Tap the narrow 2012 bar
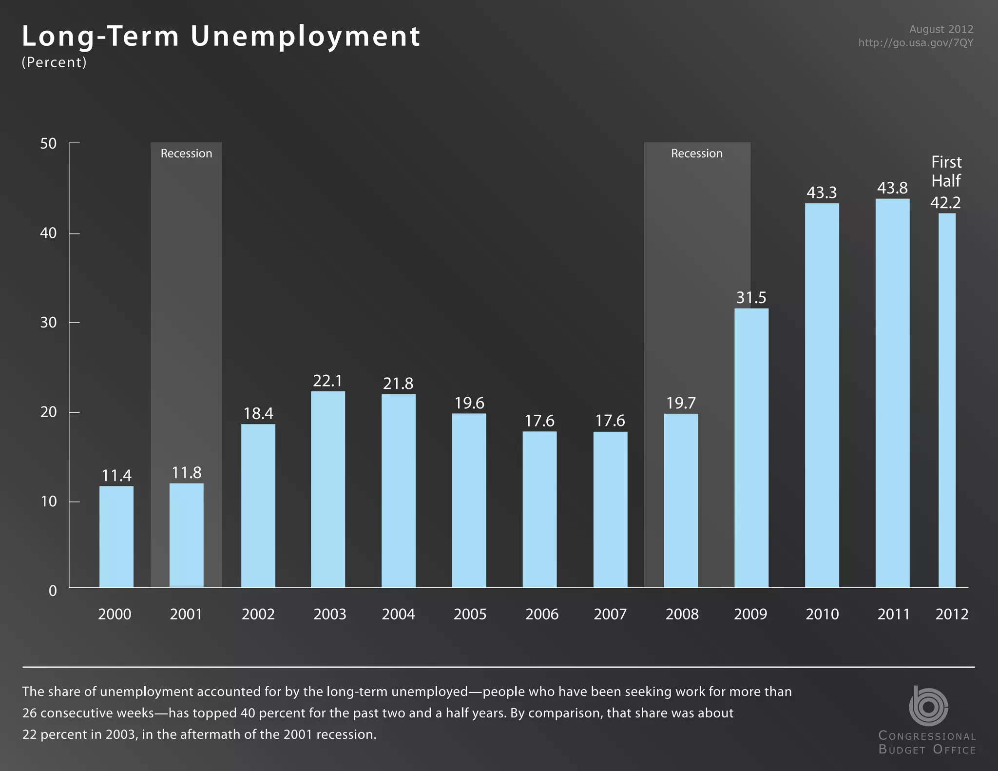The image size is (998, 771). coord(947,400)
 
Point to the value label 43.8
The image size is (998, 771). coord(892,188)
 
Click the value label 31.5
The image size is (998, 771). coord(751,298)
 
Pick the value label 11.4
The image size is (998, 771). coord(116,476)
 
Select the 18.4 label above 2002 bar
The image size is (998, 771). coord(258,414)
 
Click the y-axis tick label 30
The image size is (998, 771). coord(48,323)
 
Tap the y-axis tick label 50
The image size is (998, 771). coord(48,144)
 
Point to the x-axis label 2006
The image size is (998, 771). coord(541,614)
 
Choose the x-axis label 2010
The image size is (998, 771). coord(822,614)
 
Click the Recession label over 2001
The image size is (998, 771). coord(186,154)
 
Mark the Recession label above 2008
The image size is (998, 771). coord(696,154)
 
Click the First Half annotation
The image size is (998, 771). coord(946,171)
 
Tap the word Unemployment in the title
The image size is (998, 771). coord(305,37)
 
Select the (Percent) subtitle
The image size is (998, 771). coord(54,62)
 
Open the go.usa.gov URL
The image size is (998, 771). coord(916,43)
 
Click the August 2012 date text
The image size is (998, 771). coord(941,29)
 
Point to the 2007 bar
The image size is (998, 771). coord(610,509)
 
